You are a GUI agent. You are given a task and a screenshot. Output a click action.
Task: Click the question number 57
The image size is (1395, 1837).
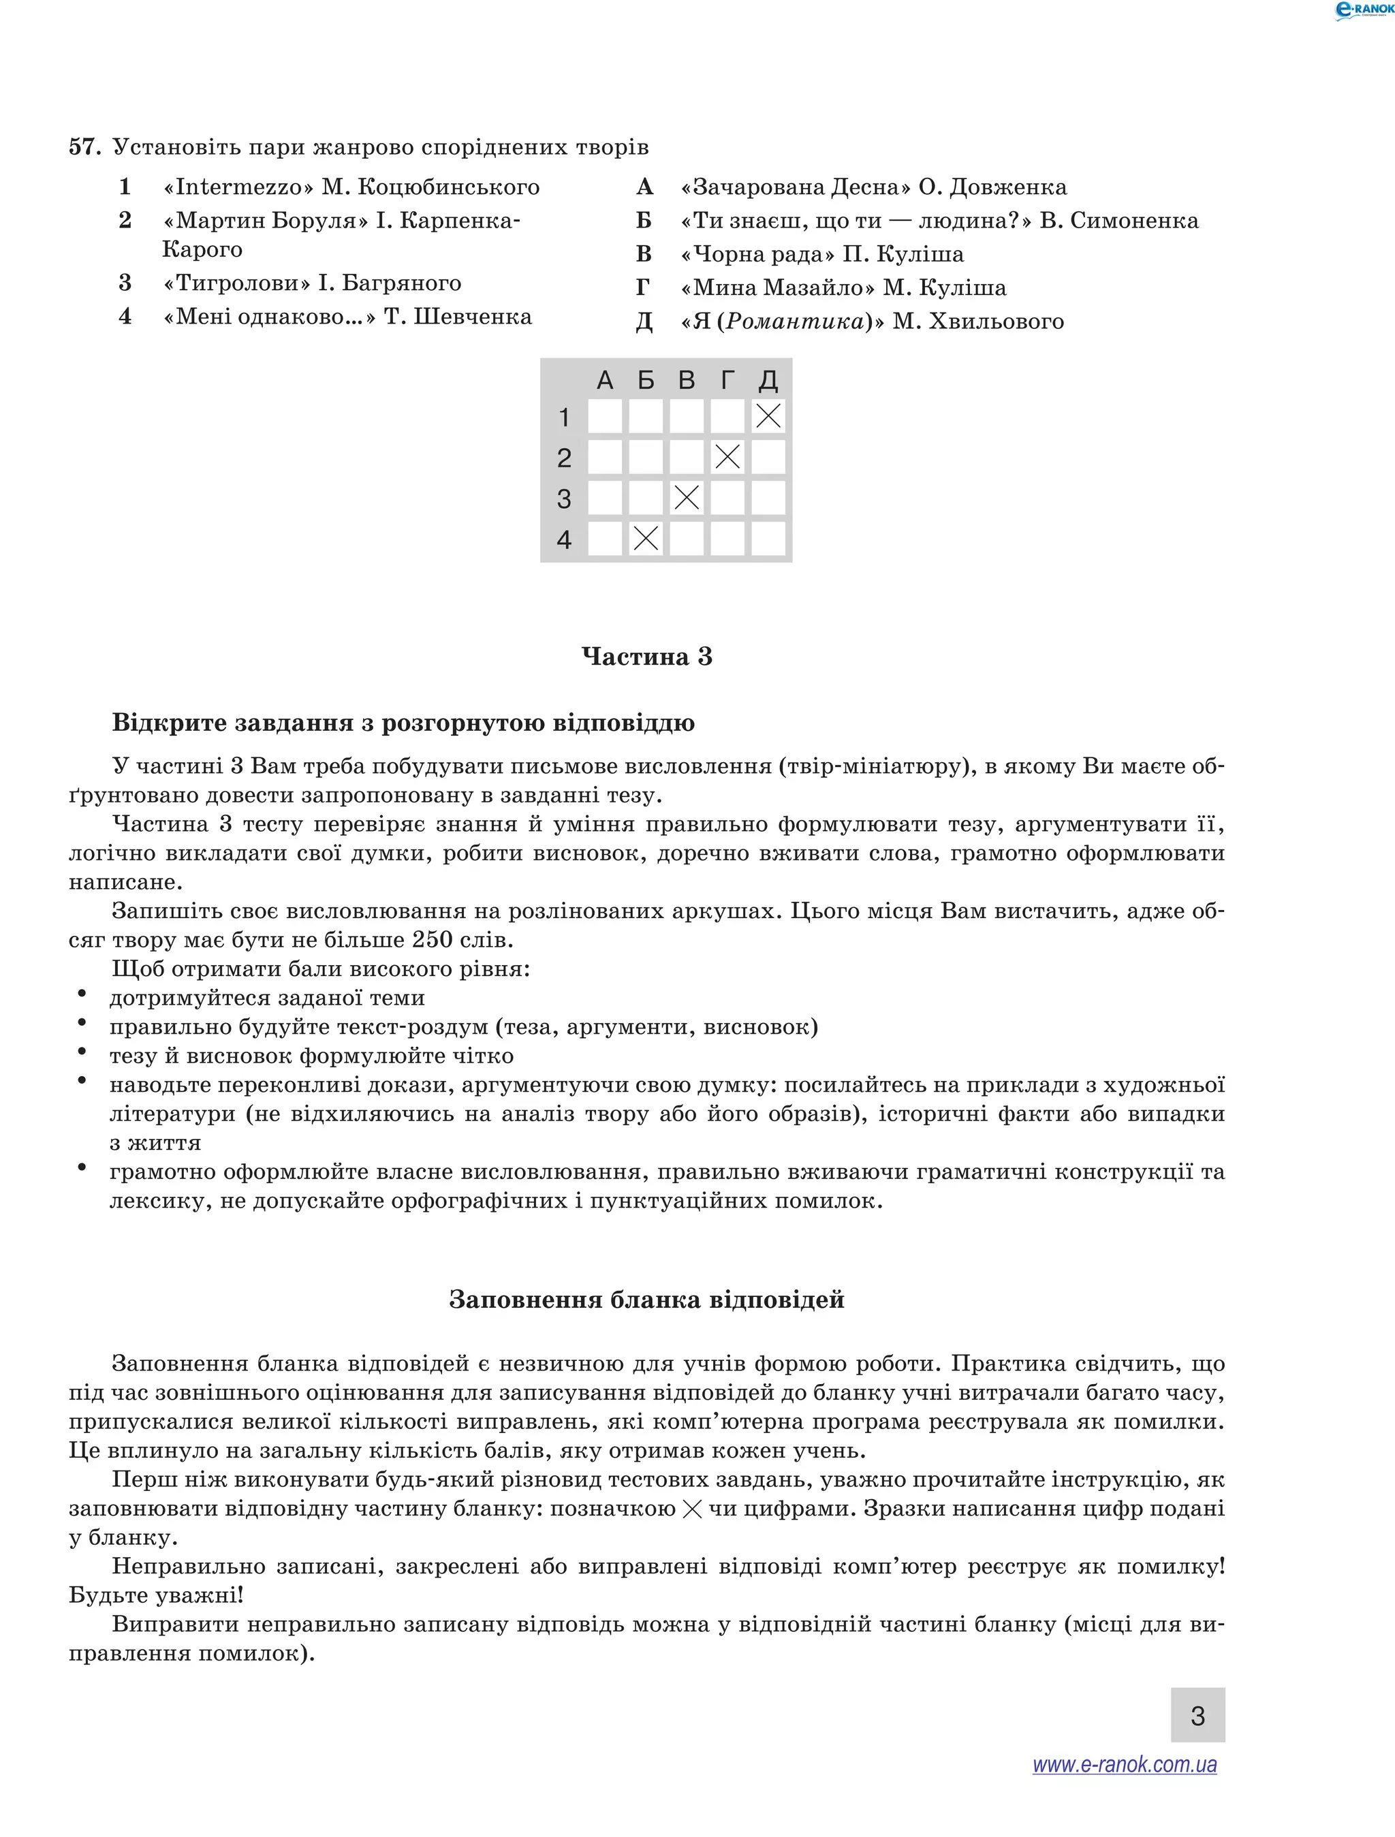point(84,147)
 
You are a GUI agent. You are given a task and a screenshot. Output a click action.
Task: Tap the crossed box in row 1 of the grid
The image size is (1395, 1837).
point(768,416)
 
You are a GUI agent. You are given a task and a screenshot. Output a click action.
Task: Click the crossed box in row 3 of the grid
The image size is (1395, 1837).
point(687,497)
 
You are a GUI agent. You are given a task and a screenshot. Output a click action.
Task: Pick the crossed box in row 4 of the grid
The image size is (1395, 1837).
point(645,538)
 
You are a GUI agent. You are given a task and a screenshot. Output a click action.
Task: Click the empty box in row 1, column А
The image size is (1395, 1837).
point(604,416)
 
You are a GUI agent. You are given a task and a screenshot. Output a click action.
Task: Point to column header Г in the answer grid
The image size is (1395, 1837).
point(727,380)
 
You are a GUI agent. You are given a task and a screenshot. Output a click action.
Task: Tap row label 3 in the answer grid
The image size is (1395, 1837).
point(564,499)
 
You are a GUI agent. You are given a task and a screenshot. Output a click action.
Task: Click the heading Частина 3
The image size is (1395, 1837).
point(647,657)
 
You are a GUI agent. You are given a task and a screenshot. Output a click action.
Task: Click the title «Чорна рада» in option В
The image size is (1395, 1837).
point(757,254)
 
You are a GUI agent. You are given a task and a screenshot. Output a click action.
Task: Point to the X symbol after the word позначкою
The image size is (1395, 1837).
point(691,1509)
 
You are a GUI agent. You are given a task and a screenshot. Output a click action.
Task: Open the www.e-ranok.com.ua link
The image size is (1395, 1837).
point(1125,1764)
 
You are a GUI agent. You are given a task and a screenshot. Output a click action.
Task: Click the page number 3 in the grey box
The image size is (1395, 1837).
point(1197,1716)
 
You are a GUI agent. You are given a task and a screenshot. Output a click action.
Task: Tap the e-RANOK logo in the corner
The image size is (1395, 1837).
point(1362,10)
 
